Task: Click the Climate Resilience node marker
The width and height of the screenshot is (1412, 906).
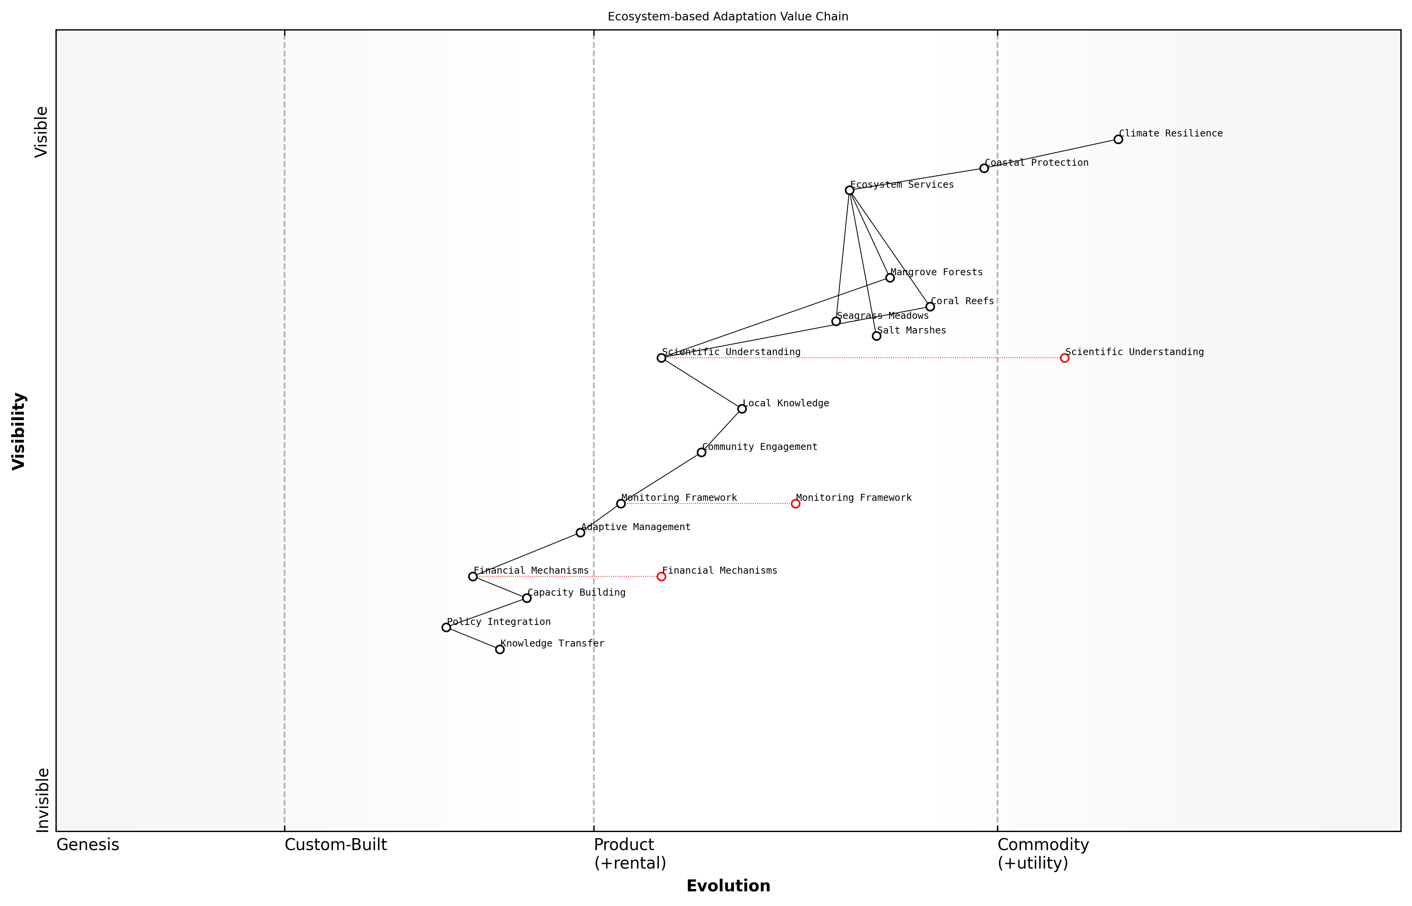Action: [x=1118, y=140]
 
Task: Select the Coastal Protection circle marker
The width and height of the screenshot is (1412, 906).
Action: [x=984, y=168]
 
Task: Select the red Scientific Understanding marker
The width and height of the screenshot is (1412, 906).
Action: [x=1064, y=358]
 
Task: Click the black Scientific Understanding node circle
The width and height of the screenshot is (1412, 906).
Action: [x=661, y=358]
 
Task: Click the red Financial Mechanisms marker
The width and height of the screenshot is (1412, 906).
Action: [x=661, y=576]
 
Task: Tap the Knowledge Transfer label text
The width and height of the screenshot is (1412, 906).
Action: [x=552, y=643]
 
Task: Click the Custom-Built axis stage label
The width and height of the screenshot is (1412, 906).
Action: [x=335, y=845]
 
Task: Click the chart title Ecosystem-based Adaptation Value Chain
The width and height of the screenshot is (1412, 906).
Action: [x=728, y=17]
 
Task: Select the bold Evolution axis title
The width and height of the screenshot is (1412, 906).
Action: [x=728, y=886]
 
